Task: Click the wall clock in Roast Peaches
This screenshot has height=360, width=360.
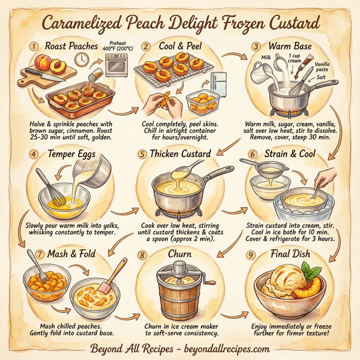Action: pyautogui.click(x=81, y=59)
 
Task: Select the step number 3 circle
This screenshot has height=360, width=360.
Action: pyautogui.click(x=256, y=46)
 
